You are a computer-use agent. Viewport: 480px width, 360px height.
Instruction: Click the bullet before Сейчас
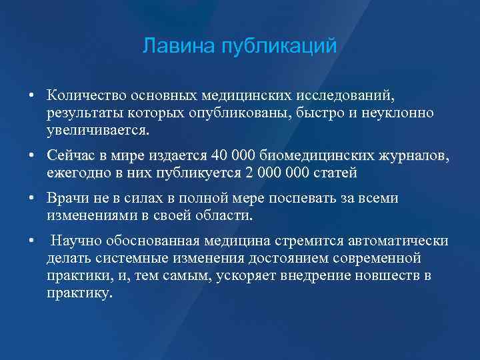point(31,156)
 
